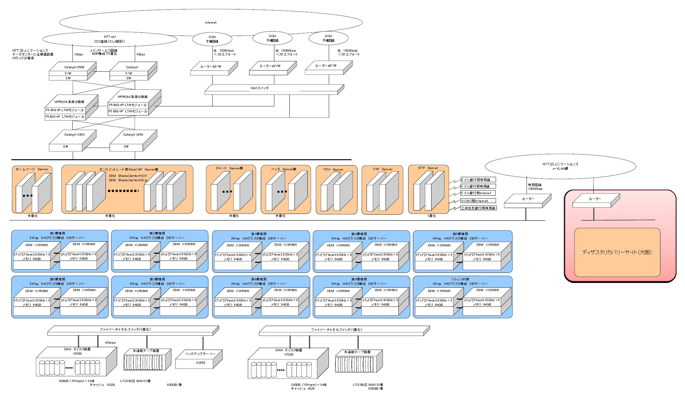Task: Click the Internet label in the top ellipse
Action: tap(211, 23)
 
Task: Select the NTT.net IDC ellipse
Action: tap(110, 39)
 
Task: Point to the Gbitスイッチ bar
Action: tap(260, 88)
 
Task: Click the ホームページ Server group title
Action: tap(32, 169)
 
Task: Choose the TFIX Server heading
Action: tap(333, 170)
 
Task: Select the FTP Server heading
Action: tap(383, 169)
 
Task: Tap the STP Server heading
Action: tap(428, 168)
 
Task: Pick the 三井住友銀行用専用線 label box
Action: tap(478, 208)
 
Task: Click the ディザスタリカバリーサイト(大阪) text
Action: tap(617, 252)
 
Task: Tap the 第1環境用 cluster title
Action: tap(58, 234)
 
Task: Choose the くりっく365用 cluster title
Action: tap(460, 279)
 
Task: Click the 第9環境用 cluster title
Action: tap(359, 279)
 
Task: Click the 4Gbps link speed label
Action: tap(110, 343)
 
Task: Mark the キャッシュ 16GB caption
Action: tap(102, 385)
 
